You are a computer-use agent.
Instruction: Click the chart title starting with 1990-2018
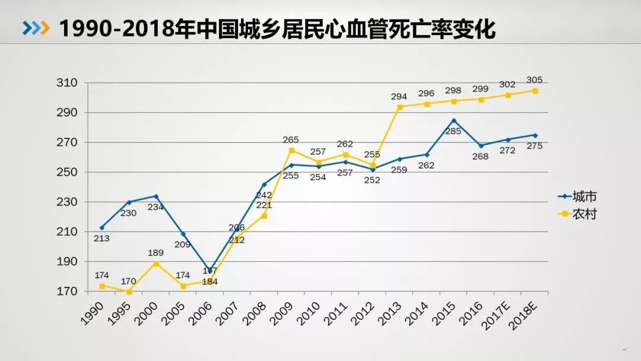click(277, 28)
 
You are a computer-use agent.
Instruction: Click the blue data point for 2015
click(454, 121)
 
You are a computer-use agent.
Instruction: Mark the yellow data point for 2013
click(400, 107)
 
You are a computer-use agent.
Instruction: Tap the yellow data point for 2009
click(291, 150)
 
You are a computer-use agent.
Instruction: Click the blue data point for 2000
click(156, 196)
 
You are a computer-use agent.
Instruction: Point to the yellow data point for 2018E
click(535, 91)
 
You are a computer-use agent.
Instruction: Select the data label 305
click(534, 80)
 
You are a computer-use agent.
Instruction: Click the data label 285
click(453, 131)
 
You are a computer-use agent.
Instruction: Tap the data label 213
click(101, 238)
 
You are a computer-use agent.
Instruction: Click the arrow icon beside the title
click(36, 28)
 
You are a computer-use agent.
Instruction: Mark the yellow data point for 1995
click(129, 292)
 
